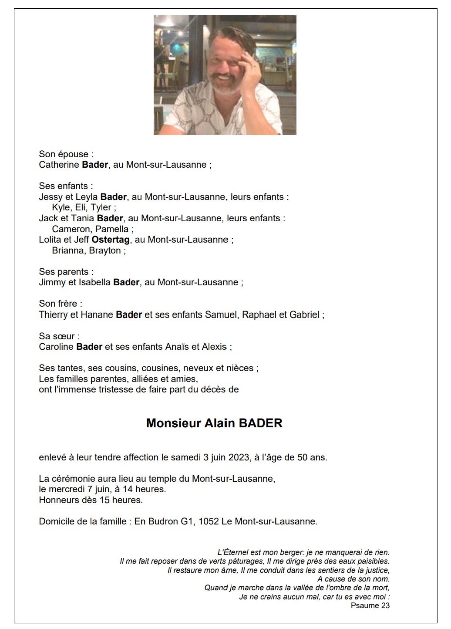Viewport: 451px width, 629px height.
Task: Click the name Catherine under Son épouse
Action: click(x=59, y=165)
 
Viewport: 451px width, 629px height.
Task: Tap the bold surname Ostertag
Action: click(x=111, y=240)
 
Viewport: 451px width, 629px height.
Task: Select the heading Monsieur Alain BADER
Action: click(x=214, y=423)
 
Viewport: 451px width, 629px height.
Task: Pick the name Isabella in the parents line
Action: click(x=94, y=282)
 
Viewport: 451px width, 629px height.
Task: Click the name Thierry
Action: click(x=53, y=314)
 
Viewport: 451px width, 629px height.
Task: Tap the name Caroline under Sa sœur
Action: click(x=56, y=347)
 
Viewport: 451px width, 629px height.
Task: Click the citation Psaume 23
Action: click(x=370, y=605)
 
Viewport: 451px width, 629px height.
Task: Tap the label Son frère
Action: click(x=61, y=304)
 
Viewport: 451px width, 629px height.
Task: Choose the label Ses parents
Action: click(x=66, y=272)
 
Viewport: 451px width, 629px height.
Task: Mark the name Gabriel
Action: click(x=304, y=314)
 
